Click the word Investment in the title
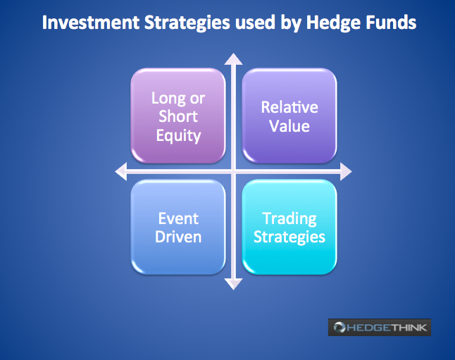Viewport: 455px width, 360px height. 91,23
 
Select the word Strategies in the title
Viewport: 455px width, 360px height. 187,23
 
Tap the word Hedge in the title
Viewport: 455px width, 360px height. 333,23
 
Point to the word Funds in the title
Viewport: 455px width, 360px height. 391,23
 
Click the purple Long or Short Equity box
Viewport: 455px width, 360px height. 178,116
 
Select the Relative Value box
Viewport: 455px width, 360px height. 289,116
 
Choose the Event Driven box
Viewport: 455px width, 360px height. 178,227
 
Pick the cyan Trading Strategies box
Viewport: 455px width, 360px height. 289,227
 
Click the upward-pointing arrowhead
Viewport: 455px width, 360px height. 233,59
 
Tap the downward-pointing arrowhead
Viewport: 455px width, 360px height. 233,284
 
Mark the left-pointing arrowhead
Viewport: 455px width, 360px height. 121,171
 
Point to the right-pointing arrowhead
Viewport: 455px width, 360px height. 346,171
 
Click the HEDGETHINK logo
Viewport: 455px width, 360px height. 380,327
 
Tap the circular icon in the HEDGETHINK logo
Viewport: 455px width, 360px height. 339,327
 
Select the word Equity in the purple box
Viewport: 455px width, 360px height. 178,136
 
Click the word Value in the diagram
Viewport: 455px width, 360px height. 289,126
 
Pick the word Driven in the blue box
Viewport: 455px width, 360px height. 178,237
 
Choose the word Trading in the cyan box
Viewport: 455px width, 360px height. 289,219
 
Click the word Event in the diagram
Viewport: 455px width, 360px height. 178,218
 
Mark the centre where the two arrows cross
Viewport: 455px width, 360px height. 233,171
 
